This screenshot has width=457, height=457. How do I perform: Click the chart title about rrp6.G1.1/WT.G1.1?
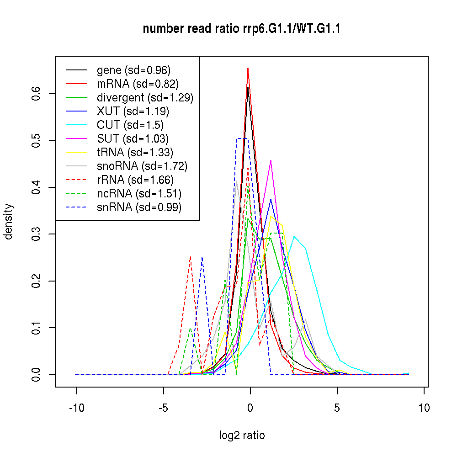coord(241,29)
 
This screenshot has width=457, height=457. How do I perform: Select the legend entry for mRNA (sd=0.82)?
coord(138,84)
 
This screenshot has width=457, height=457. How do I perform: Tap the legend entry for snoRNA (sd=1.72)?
coord(142,166)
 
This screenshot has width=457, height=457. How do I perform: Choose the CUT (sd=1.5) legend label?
coord(130,125)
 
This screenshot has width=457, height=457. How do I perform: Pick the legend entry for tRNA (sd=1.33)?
coord(135,152)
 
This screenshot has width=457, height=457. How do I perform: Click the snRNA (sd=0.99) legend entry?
coord(139,207)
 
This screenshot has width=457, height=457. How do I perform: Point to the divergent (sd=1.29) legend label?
coord(145,97)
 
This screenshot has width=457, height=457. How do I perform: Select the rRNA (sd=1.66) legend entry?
coord(135,180)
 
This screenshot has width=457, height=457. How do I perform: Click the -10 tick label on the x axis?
coord(76,408)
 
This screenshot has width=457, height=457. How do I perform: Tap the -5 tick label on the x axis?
coord(163,408)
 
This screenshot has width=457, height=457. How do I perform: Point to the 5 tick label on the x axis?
coord(337,408)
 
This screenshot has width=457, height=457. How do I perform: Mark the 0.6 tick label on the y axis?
coord(37,94)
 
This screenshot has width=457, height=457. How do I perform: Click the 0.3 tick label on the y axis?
coord(37,234)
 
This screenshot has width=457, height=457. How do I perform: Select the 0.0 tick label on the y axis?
coord(37,375)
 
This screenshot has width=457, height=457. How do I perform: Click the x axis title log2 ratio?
coord(242,436)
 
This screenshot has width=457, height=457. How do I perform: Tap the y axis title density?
coord(8,222)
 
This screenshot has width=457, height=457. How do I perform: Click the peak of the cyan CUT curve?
coord(294,236)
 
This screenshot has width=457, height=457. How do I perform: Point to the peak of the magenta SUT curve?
coord(271,160)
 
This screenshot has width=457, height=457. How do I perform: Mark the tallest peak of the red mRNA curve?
coord(248,68)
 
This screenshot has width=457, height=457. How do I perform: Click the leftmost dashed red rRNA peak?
coord(190,257)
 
